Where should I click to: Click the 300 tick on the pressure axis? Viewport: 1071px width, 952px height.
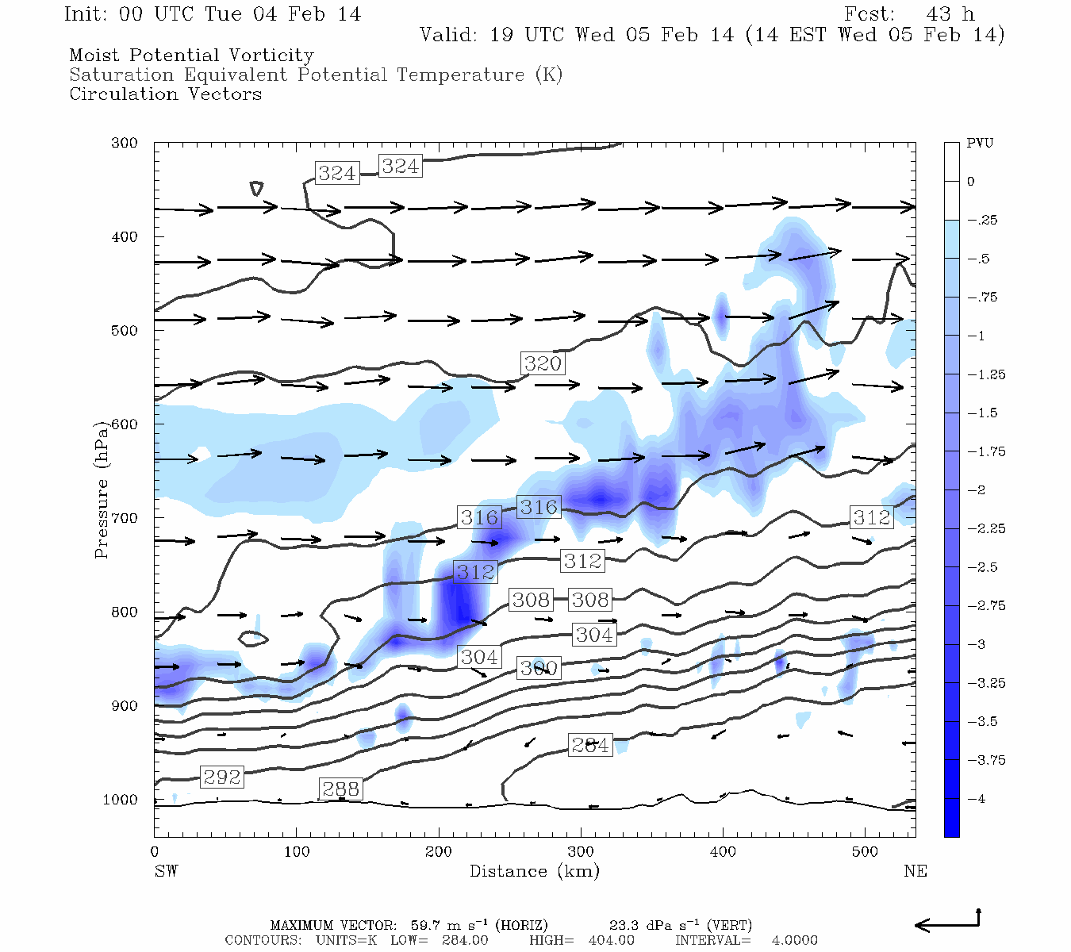(125, 144)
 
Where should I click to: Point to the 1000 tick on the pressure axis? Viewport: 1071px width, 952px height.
(121, 800)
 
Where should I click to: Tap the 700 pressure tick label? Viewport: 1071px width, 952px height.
(125, 518)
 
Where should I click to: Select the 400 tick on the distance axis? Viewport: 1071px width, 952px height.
(723, 851)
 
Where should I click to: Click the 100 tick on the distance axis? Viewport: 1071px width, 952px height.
(297, 851)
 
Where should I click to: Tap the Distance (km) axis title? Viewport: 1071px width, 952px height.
(534, 871)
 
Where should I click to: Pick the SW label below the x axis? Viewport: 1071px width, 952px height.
(166, 871)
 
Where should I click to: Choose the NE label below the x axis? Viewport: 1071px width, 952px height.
(915, 871)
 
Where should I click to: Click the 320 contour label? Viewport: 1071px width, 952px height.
(543, 363)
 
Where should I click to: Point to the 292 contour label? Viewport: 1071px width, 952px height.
(221, 777)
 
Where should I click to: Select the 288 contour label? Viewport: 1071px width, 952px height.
(340, 789)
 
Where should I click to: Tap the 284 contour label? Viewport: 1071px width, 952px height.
(590, 745)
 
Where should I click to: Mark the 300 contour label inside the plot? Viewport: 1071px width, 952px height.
(539, 668)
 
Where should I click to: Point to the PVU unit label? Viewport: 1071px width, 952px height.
(980, 144)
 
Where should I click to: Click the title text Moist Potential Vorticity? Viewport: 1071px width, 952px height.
(191, 56)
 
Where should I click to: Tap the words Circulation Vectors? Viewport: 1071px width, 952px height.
(165, 94)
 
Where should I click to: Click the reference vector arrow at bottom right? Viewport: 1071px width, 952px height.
(949, 923)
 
